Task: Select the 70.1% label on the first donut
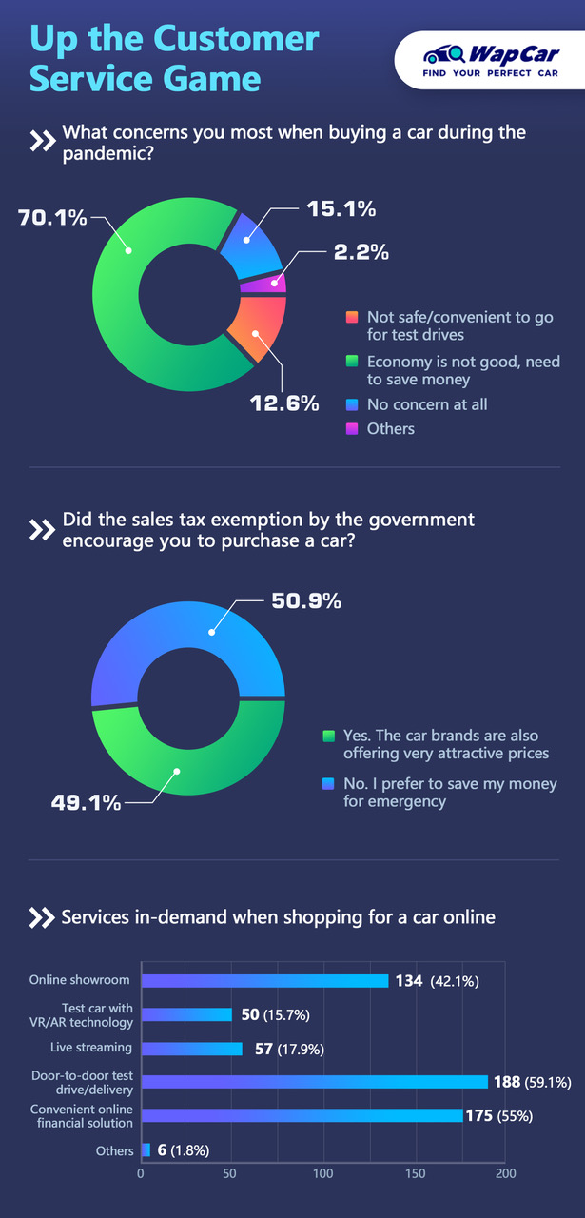pyautogui.click(x=53, y=218)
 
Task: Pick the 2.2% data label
pyautogui.click(x=361, y=253)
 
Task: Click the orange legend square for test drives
pyautogui.click(x=352, y=318)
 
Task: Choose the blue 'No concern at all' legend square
pyautogui.click(x=352, y=404)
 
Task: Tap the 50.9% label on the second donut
pyautogui.click(x=307, y=600)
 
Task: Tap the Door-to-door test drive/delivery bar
pyautogui.click(x=314, y=1081)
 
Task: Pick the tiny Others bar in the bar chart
pyautogui.click(x=146, y=1149)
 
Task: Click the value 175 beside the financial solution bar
pyautogui.click(x=478, y=1115)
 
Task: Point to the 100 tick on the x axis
pyautogui.click(x=324, y=1172)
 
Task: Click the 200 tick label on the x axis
pyautogui.click(x=505, y=1172)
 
